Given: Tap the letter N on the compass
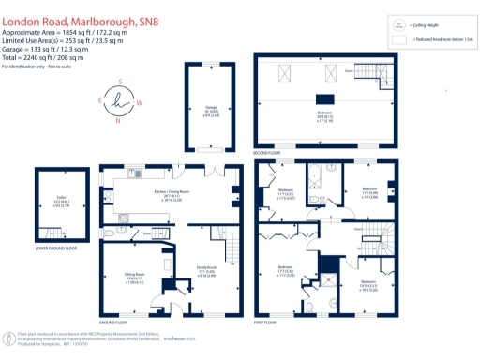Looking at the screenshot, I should coord(118,120).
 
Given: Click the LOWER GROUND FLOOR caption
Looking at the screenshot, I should coord(56,249).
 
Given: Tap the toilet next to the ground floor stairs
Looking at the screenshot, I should coord(110,232).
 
